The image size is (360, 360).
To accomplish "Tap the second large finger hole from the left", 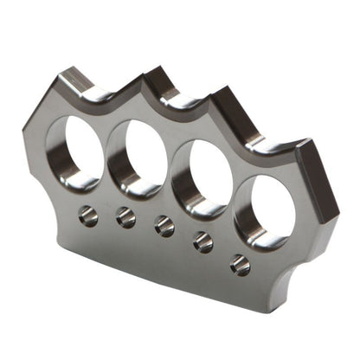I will pos(138,157).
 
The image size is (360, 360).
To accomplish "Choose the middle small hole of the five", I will pos(164,226).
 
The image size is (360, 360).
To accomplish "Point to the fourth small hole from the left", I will pos(202,242).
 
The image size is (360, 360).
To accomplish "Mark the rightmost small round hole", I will pos(241,266).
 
